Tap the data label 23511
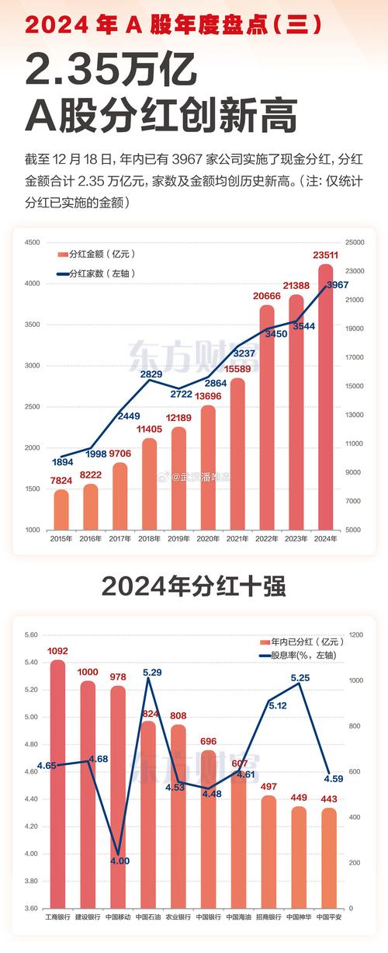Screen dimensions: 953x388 click(x=324, y=255)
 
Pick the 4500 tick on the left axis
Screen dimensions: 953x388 click(x=32, y=243)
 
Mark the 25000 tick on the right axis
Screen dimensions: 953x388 click(x=355, y=243)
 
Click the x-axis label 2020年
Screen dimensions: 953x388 click(x=208, y=538)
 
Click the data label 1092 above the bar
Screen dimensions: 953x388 click(x=57, y=651)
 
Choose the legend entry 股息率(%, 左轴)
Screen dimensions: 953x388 click(x=299, y=655)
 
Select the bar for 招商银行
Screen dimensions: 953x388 click(x=268, y=850)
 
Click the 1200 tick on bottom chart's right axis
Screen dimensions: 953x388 click(x=355, y=635)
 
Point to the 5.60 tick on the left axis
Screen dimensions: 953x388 click(x=31, y=635)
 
